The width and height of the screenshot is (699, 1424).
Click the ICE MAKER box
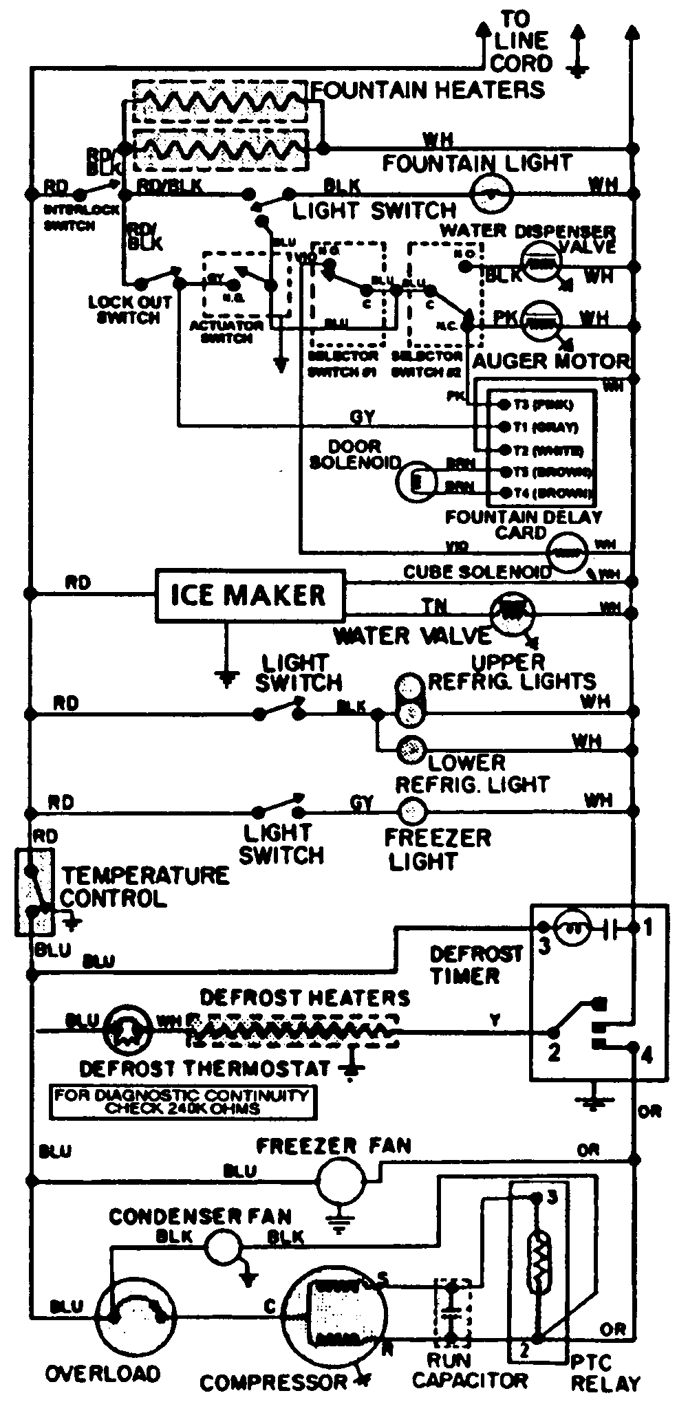click(x=248, y=595)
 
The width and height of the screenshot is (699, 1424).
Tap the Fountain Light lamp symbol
click(x=491, y=193)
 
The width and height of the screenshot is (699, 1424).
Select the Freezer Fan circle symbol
click(x=340, y=1181)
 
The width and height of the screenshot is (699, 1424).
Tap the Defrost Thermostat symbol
click(x=129, y=1031)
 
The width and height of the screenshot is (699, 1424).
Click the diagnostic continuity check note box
click(x=184, y=1102)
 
